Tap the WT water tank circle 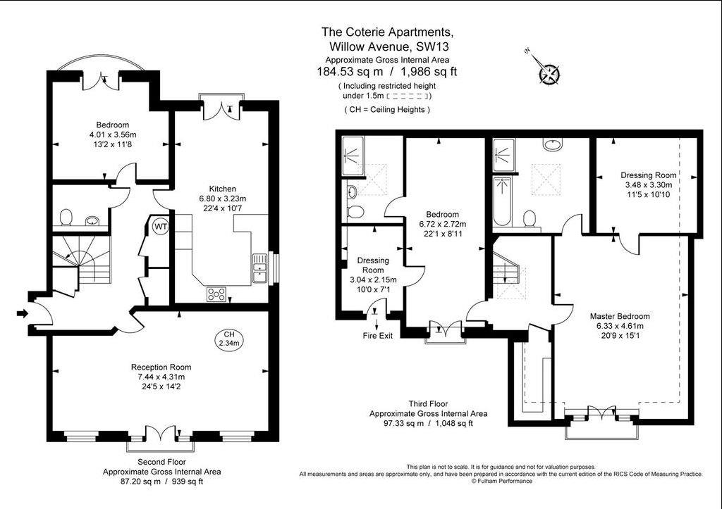click(161, 226)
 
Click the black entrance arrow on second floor click(22, 313)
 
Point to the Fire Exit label click(378, 336)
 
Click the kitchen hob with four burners click(216, 294)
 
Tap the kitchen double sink click(259, 268)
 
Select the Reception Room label click(161, 367)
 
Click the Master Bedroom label click(620, 316)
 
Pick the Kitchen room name click(222, 189)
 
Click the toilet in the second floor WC click(66, 218)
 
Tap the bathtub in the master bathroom click(502, 201)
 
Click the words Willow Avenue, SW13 click(389, 46)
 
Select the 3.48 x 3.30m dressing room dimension click(649, 185)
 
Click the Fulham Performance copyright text click(501, 482)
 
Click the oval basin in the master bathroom click(551, 144)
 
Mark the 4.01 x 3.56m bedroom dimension click(113, 134)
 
